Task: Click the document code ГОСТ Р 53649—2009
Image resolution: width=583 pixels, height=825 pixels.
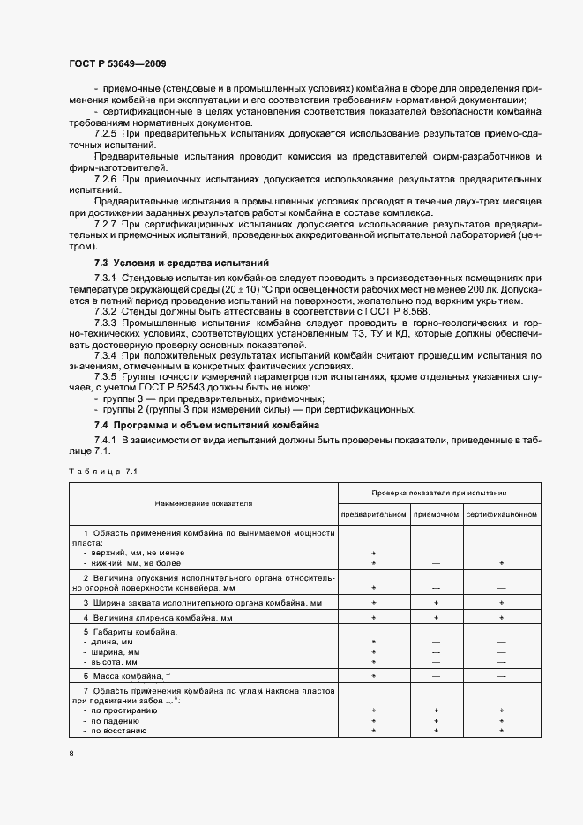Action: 117,64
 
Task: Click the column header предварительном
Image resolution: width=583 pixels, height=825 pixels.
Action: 374,513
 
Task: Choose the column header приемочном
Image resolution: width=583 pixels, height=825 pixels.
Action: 436,513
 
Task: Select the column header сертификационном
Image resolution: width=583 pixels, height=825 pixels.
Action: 501,513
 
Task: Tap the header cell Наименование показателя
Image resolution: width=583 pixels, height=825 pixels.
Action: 204,503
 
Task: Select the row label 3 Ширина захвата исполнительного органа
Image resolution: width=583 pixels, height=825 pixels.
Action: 191,603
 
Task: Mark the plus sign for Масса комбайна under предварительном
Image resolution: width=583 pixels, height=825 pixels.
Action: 374,674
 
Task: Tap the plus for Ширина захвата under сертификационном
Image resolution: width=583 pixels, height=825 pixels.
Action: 501,603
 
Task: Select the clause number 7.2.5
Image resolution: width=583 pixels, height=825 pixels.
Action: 106,132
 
